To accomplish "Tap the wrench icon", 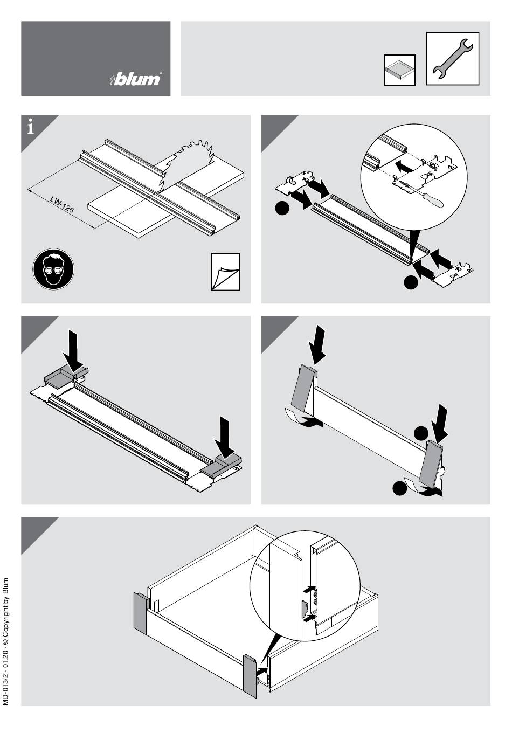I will point(453,58).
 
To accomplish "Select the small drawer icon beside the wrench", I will point(399,70).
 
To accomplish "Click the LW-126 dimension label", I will point(62,205).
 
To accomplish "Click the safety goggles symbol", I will point(53,268).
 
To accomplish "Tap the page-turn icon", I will point(225,272).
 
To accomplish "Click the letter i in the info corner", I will point(31,128).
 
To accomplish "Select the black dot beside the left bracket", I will point(281,209).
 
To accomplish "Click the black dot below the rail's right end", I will point(411,281).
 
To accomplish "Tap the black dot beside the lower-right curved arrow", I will point(399,488).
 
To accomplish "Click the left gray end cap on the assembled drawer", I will point(140,612).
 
